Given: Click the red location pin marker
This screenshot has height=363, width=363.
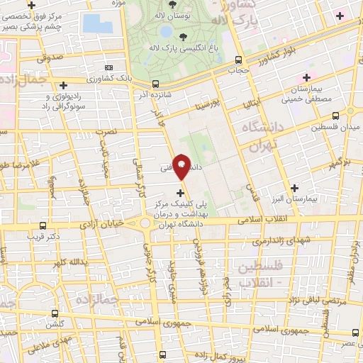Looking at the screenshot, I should [181, 166].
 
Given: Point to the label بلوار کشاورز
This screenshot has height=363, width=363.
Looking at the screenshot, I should [266, 58].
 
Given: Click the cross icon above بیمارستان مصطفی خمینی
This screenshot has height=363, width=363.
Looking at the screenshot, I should [307, 77].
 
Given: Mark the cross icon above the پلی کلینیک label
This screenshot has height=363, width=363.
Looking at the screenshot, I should [180, 192].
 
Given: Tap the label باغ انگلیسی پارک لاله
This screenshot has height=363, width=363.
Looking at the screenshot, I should [172, 48].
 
